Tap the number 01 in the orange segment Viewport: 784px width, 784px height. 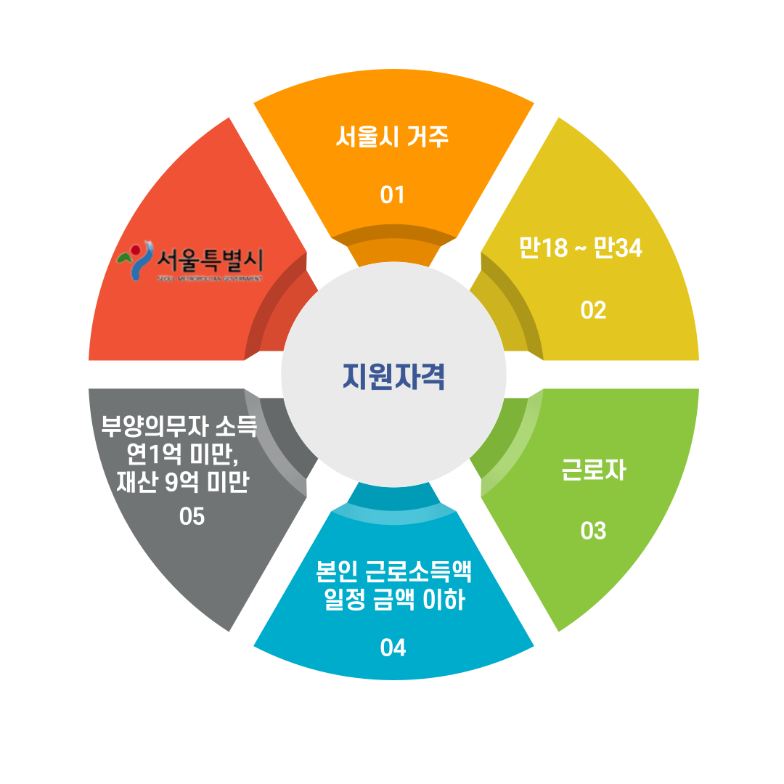pyautogui.click(x=392, y=195)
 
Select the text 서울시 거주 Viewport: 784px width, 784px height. pyautogui.click(x=392, y=136)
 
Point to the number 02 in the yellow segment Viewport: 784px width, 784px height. pyautogui.click(x=593, y=310)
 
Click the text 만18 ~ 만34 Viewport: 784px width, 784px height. pyautogui.click(x=581, y=248)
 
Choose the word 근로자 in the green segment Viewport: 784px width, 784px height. pyautogui.click(x=593, y=470)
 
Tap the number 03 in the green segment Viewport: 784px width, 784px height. pyautogui.click(x=593, y=531)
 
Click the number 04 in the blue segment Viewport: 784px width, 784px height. pyautogui.click(x=393, y=647)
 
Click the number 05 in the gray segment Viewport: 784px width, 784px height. pyautogui.click(x=192, y=517)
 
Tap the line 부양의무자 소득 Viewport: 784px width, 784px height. pyautogui.click(x=179, y=425)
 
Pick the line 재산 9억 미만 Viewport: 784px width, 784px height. pyautogui.click(x=182, y=482)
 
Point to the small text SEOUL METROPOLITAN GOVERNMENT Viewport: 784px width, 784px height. pyautogui.click(x=209, y=278)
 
